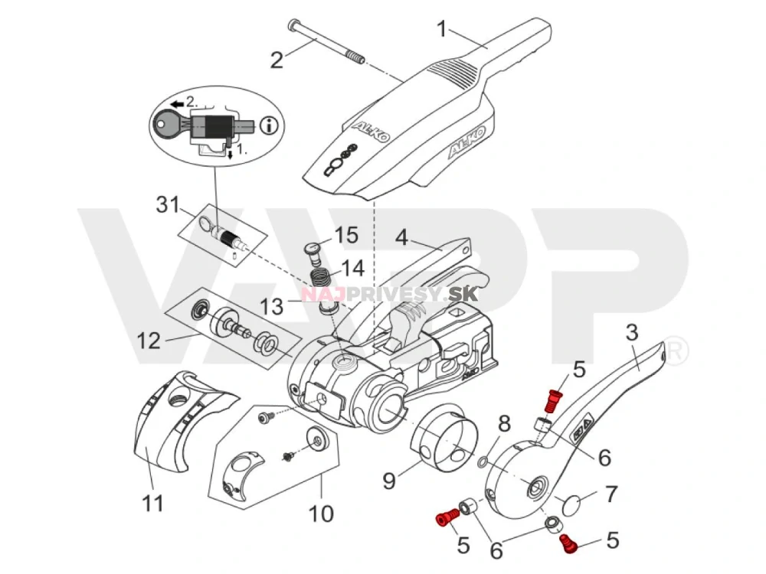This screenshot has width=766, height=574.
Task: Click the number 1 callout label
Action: (441, 29)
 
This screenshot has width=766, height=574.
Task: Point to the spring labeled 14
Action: (320, 272)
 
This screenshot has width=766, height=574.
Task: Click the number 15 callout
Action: (346, 235)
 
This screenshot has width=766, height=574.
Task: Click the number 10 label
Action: (322, 512)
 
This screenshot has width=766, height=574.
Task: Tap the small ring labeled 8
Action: (480, 463)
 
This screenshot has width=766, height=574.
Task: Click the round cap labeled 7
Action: (574, 504)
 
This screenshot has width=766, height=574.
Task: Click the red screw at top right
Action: (552, 399)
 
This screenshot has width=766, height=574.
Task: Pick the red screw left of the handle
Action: (445, 519)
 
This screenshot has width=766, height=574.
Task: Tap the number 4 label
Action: (401, 238)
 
